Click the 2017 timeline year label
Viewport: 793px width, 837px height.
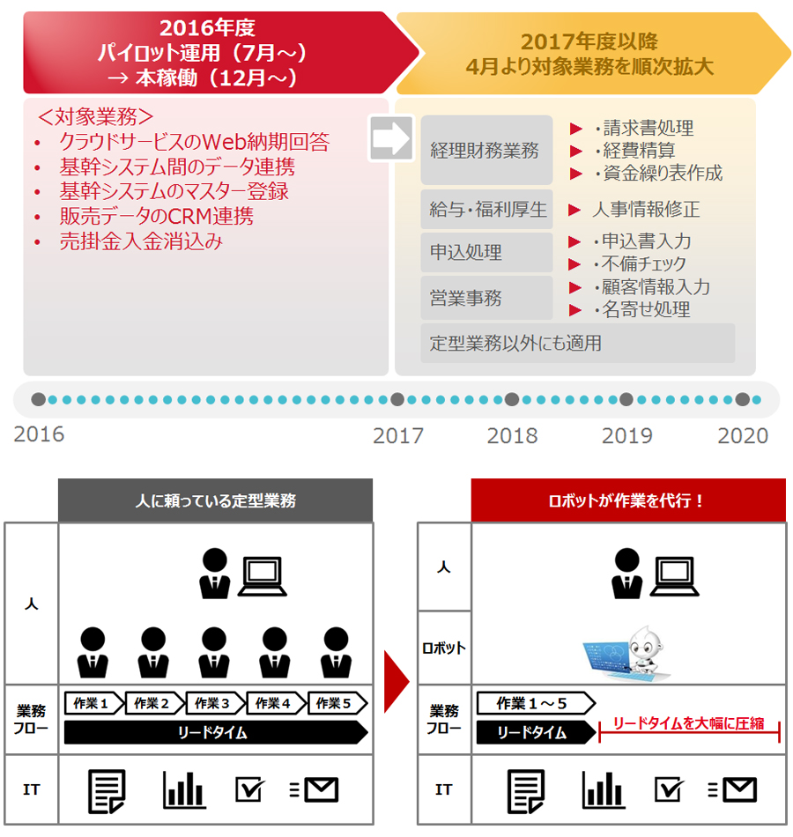pos(398,435)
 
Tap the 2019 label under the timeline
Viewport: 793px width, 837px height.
pos(627,435)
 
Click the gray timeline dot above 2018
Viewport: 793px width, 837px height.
pos(512,399)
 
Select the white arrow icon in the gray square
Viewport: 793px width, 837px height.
pos(391,138)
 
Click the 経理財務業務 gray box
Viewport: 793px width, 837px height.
pos(486,150)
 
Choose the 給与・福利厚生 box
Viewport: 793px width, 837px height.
pos(486,210)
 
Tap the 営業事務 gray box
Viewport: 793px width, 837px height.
pos(486,297)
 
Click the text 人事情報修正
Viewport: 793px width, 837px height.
pos(646,210)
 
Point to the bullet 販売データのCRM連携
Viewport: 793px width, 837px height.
pos(157,216)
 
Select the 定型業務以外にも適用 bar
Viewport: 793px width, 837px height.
pos(578,343)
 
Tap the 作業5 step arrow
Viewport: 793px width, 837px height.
pos(337,703)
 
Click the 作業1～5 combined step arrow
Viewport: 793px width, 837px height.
pos(536,703)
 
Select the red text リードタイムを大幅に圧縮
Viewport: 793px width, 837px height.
pos(688,723)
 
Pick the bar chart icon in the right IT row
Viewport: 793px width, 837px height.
pos(604,789)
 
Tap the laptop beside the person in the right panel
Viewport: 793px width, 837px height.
pos(675,576)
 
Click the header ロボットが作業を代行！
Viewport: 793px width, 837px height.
pos(628,500)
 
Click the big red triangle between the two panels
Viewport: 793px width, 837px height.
pos(396,681)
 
